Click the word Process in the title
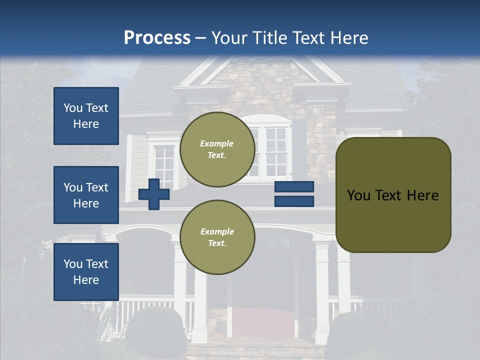[157, 38]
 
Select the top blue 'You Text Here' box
[86, 116]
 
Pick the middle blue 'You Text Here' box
[86, 195]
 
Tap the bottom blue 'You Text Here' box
[86, 271]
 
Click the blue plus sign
[153, 194]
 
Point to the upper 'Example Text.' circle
[217, 149]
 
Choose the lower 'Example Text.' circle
[217, 237]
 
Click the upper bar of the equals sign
[294, 187]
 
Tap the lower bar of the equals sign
[294, 201]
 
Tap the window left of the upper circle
[164, 162]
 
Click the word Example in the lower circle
[217, 231]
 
